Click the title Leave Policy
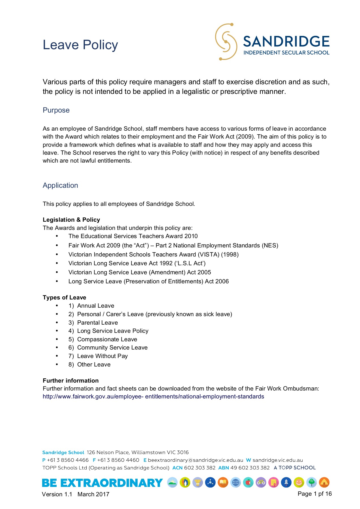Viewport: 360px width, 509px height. pyautogui.click(x=80, y=45)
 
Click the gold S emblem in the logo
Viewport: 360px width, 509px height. pyautogui.click(x=226, y=42)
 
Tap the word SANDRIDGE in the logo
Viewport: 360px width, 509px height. pyautogui.click(x=286, y=42)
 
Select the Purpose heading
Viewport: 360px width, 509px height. pyautogui.click(x=56, y=110)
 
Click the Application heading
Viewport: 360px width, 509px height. pyautogui.click(x=60, y=185)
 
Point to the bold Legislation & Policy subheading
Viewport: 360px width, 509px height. pyautogui.click(x=71, y=220)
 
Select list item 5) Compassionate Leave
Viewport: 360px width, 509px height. pyautogui.click(x=107, y=339)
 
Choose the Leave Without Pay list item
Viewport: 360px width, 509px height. pyautogui.click(x=102, y=356)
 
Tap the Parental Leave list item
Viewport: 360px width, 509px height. pyautogui.click(x=97, y=323)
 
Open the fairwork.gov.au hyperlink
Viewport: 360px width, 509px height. pyautogui.click(x=153, y=396)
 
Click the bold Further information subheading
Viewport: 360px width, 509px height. pyautogui.click(x=71, y=381)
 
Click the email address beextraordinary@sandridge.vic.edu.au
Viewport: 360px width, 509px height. pyautogui.click(x=195, y=460)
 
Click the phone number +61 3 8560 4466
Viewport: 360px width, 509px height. pyautogui.click(x=68, y=460)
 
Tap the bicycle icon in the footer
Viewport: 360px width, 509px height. pyautogui.click(x=261, y=482)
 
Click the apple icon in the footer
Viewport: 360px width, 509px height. pyautogui.click(x=248, y=482)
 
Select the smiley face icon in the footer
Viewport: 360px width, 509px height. pyautogui.click(x=299, y=482)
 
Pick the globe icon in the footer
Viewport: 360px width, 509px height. pyautogui.click(x=235, y=482)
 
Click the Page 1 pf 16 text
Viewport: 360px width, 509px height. pyautogui.click(x=314, y=494)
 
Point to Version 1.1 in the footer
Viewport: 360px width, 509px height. pyautogui.click(x=57, y=494)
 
